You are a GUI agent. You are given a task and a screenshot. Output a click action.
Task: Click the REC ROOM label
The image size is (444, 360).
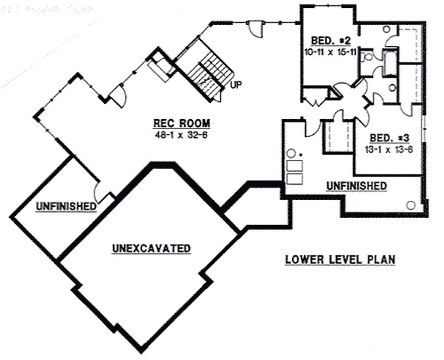(x=182, y=122)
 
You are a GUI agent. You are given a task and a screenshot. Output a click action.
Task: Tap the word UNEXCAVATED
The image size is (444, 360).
(x=151, y=248)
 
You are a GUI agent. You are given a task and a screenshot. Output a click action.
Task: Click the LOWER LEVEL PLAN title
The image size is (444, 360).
(x=340, y=259)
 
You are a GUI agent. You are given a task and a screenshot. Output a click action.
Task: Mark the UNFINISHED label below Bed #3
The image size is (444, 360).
(x=357, y=186)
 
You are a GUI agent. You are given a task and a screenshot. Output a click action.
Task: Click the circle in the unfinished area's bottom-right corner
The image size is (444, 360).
(x=412, y=205)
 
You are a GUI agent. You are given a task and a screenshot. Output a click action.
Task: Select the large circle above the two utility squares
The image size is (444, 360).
(x=290, y=156)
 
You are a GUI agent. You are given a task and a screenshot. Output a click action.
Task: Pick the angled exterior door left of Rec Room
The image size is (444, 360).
(x=117, y=96)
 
